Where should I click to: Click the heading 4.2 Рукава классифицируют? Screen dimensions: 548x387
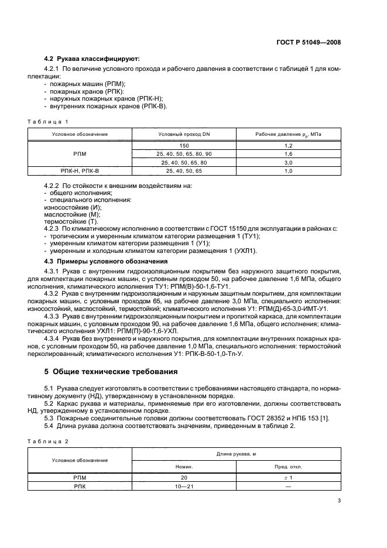click(92, 59)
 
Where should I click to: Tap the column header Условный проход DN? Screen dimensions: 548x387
click(184, 134)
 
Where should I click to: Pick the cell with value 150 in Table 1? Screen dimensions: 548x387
click(184, 145)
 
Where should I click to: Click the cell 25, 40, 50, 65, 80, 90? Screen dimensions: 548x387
click(184, 153)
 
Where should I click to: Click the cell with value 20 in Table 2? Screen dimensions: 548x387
click(184, 478)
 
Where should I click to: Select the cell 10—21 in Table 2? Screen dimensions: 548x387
click(184, 486)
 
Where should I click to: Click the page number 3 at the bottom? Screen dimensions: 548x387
click(339, 501)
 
